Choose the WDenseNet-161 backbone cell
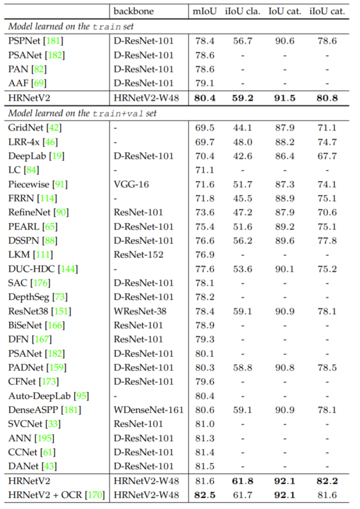[x=148, y=410]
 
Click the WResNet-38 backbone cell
[x=140, y=312]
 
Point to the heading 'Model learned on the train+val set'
[x=82, y=113]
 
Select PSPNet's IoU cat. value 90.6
[x=285, y=41]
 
